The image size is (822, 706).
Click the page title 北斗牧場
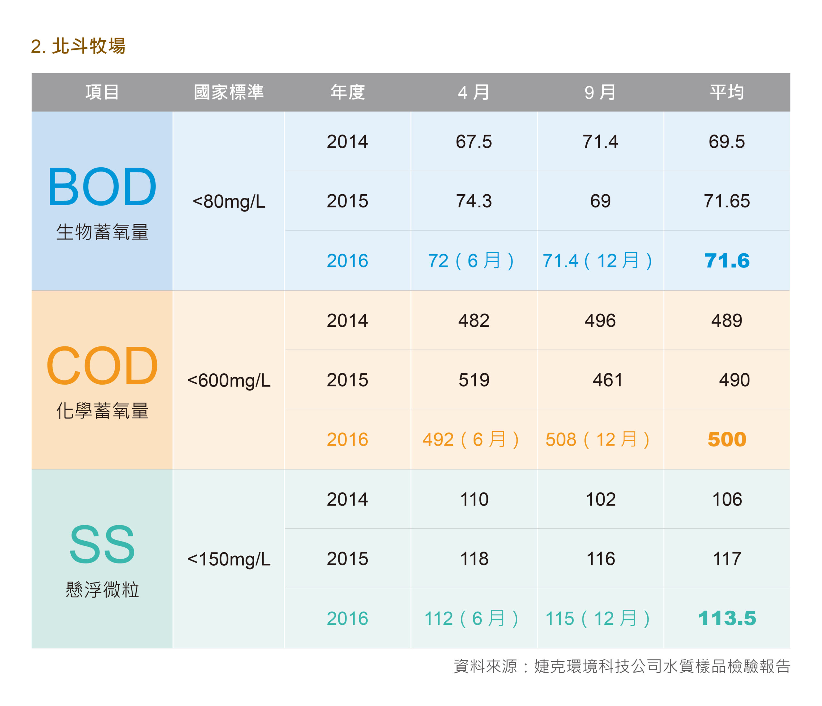89,46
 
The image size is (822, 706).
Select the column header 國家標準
229,92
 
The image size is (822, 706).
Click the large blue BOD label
102,187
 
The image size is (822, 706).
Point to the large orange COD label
102,365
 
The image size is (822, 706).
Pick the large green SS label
102,544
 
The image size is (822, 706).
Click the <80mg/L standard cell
229,202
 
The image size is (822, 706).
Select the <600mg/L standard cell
229,380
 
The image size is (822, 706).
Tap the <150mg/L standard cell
229,559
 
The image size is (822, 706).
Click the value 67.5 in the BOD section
474,142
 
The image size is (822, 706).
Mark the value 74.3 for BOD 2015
474,201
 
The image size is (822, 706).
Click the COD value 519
474,380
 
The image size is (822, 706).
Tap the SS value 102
601,499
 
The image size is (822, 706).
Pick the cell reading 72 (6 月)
471,261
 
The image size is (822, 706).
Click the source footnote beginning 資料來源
622,666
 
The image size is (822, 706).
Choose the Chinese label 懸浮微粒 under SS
102,589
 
